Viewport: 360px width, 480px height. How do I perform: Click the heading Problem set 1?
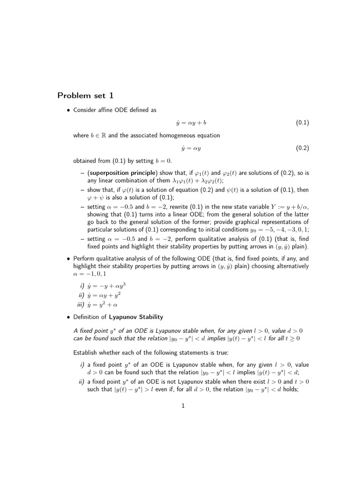[x=85, y=96]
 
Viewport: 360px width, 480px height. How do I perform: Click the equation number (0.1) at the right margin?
[x=302, y=123]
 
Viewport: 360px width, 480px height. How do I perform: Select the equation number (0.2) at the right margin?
[x=302, y=148]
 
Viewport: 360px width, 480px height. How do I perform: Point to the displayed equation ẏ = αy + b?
[x=191, y=123]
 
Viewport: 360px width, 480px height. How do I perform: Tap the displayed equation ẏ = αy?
[x=191, y=148]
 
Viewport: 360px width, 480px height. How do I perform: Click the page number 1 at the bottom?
[x=183, y=406]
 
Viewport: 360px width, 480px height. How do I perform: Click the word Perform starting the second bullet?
[x=84, y=258]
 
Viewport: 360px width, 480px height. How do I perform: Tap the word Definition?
[x=86, y=317]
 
